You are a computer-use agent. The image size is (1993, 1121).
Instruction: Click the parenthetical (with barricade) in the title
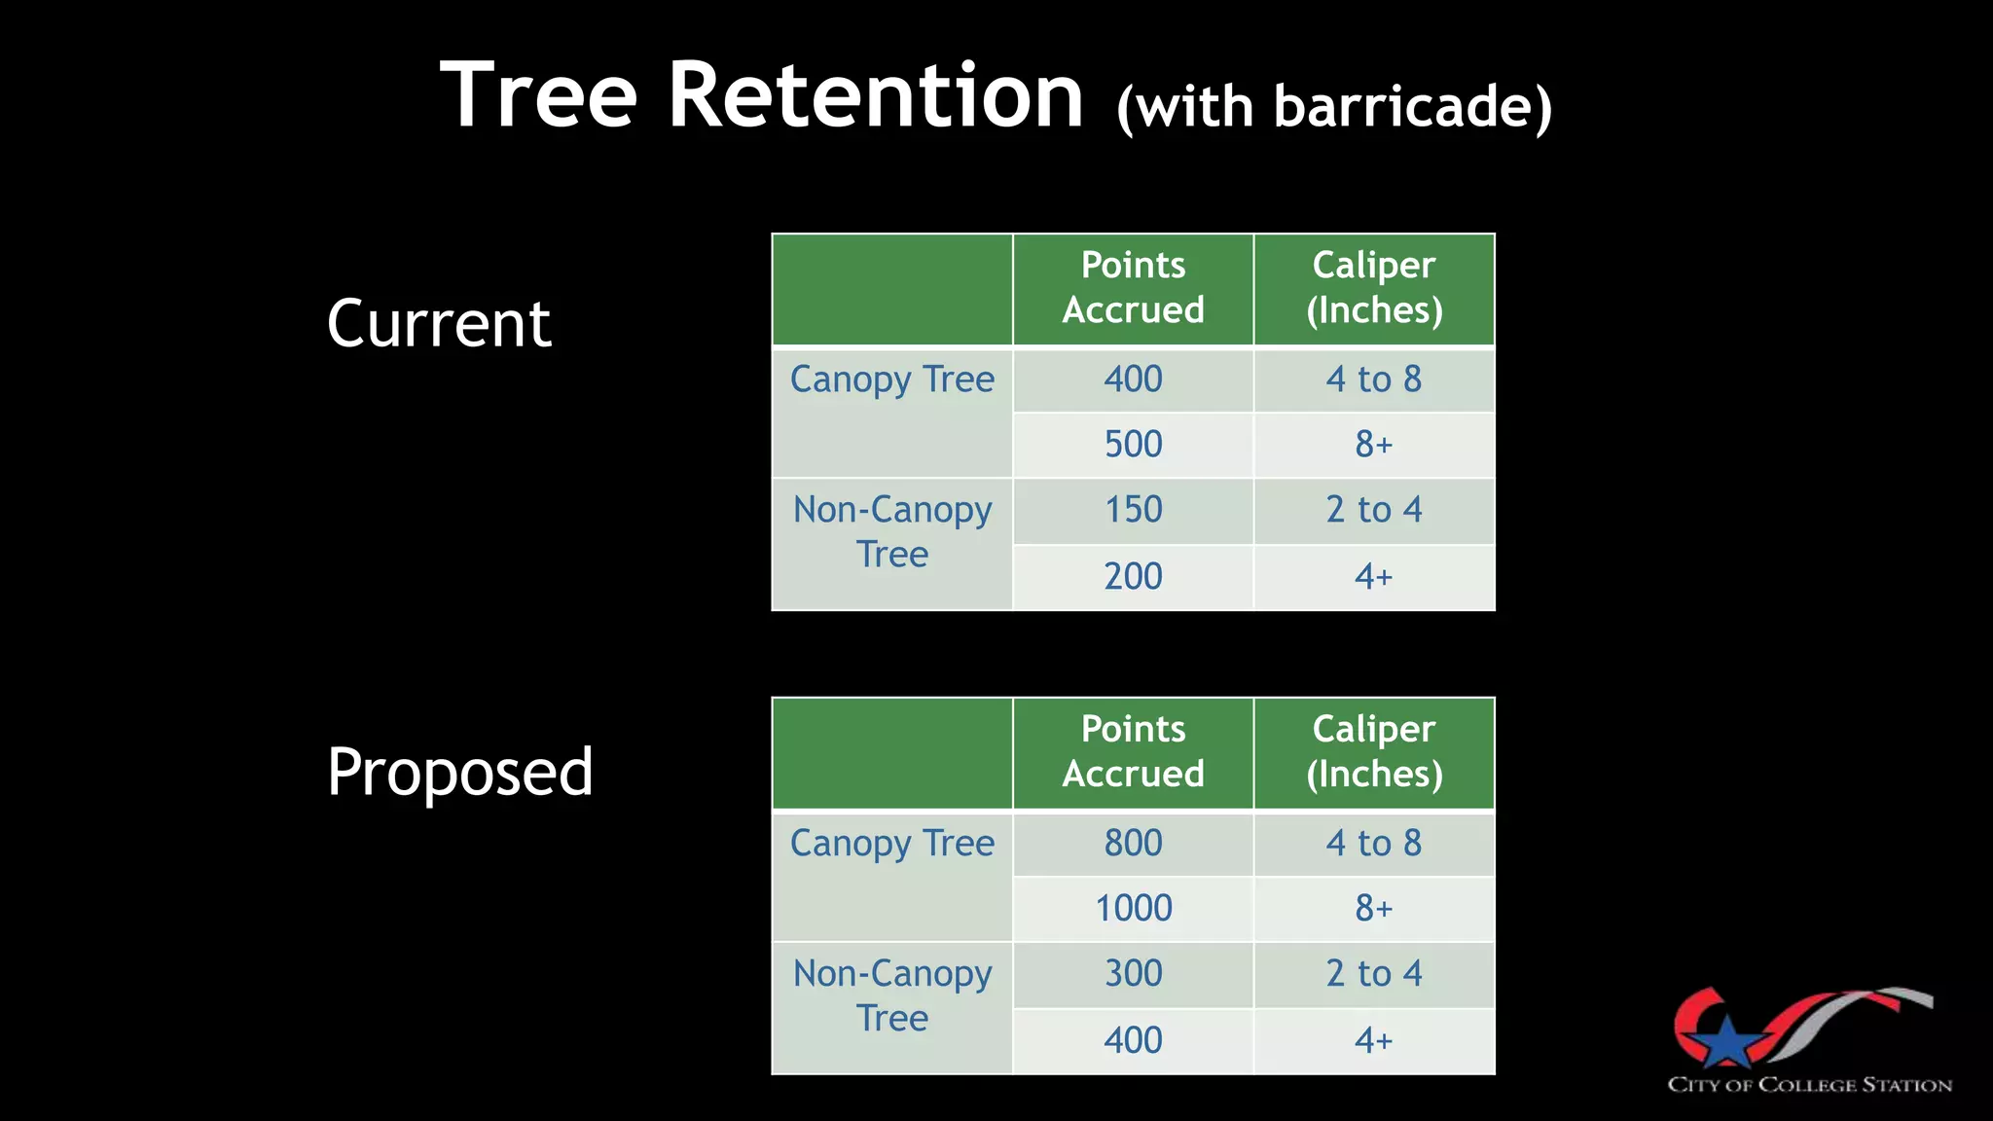(x=1334, y=106)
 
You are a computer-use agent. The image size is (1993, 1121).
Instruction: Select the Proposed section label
(x=459, y=772)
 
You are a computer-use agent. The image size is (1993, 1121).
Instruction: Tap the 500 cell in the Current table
(x=1133, y=445)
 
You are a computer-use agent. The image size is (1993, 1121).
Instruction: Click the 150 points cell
(x=1133, y=510)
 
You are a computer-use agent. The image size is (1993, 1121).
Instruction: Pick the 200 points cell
(x=1133, y=576)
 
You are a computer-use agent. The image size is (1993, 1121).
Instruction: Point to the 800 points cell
(x=1133, y=843)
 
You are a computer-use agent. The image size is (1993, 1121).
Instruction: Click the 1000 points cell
(x=1133, y=908)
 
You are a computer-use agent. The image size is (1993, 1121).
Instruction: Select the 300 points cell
(x=1133, y=973)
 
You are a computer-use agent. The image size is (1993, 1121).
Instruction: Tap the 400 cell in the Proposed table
(x=1133, y=1040)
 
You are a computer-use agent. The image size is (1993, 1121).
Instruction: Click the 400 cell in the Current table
(x=1133, y=379)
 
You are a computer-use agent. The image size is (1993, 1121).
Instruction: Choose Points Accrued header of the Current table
(x=1133, y=287)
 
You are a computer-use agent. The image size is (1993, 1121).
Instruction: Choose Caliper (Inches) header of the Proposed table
(x=1373, y=751)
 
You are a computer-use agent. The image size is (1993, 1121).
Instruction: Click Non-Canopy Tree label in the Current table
(x=891, y=531)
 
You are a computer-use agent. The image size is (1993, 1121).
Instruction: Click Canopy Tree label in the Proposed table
(x=891, y=843)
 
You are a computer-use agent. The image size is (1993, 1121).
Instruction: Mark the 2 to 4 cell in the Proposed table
(x=1373, y=973)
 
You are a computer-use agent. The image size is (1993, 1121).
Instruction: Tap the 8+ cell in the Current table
(x=1373, y=445)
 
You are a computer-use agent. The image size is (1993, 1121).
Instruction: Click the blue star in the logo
(x=1726, y=1041)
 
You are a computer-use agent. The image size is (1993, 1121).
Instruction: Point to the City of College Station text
(x=1809, y=1085)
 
